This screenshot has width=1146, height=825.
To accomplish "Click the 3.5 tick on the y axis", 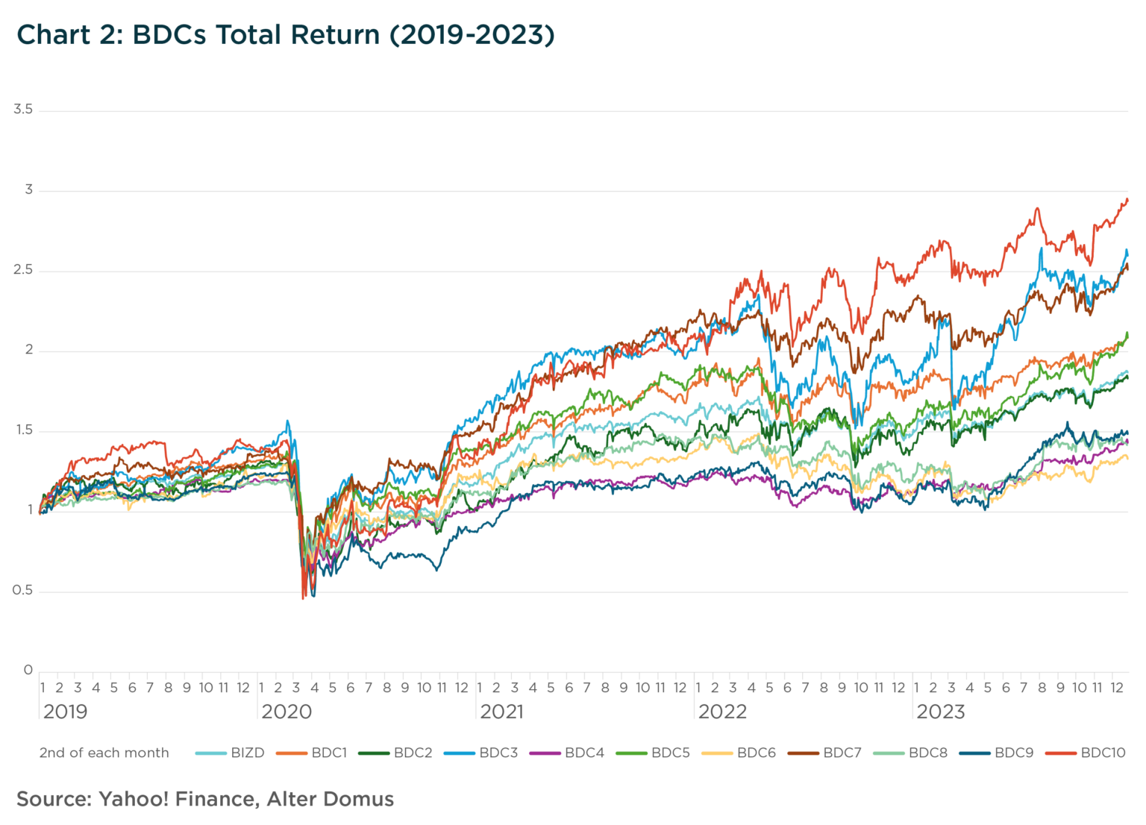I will (x=23, y=110).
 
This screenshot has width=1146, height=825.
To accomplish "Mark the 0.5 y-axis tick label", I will (x=23, y=590).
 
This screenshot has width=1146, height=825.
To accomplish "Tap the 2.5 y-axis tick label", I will (x=23, y=270).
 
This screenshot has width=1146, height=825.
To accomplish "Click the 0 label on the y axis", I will (x=28, y=670).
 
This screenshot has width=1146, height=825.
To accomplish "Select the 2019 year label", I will (x=65, y=712).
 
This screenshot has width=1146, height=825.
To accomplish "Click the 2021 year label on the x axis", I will (x=501, y=712).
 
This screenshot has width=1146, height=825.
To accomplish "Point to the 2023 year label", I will (x=940, y=712).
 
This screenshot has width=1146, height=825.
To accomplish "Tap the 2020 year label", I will (x=286, y=712).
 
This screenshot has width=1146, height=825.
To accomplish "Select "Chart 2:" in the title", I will (x=69, y=35).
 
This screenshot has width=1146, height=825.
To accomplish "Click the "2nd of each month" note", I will (x=104, y=753).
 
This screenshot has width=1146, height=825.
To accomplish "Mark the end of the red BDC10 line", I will (x=1127, y=200).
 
